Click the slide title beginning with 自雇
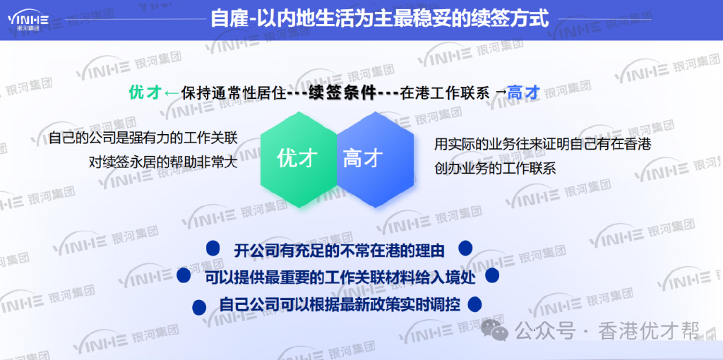[x=379, y=18]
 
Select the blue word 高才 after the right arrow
[x=524, y=92]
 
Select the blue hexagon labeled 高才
[x=364, y=159]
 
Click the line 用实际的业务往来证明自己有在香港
[x=542, y=144]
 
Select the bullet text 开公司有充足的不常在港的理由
[x=339, y=249]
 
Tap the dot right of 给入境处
[x=493, y=276]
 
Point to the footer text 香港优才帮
[x=649, y=331]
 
